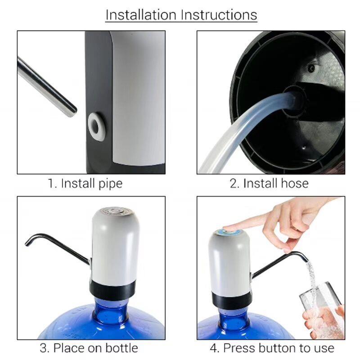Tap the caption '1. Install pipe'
click(x=85, y=183)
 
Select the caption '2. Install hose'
click(x=269, y=183)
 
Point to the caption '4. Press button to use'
click(x=272, y=348)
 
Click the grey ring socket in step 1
click(x=96, y=126)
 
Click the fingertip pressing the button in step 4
click(x=227, y=228)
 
